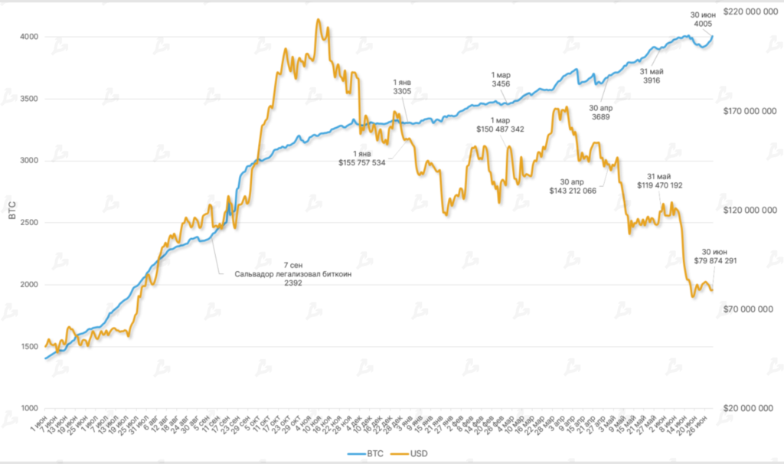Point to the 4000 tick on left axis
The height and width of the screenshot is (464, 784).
(x=28, y=37)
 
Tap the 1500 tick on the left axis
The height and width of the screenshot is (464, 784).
(x=28, y=347)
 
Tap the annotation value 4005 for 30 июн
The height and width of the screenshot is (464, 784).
(x=703, y=25)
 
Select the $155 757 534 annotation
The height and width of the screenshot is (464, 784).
(x=362, y=162)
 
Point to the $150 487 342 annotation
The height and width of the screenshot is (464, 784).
(x=501, y=129)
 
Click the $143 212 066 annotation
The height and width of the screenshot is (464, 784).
(x=574, y=191)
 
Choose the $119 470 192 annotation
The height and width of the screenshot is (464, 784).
(x=659, y=185)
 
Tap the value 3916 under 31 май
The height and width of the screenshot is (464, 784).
(x=651, y=80)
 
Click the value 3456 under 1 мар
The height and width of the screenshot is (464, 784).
(x=501, y=84)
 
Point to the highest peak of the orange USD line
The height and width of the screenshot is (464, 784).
(x=318, y=19)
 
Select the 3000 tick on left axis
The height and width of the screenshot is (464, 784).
(x=28, y=161)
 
